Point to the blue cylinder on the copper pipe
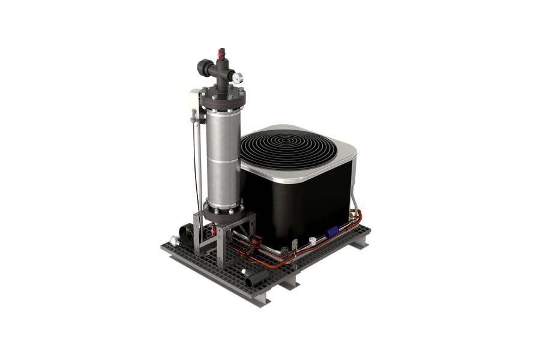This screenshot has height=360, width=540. click(x=332, y=231)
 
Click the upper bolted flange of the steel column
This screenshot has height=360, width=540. click(x=226, y=103)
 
